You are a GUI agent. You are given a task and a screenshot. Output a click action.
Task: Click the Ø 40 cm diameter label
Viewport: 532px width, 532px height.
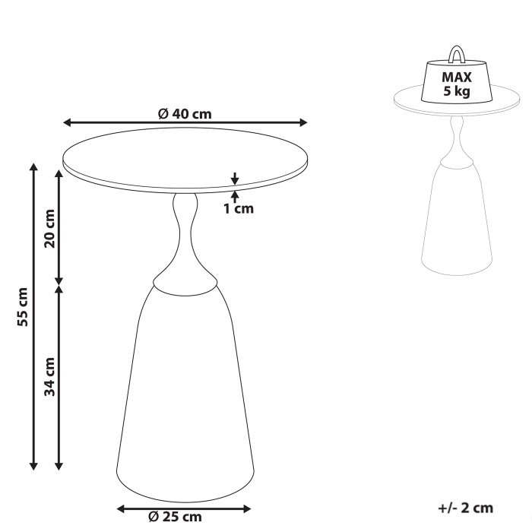coord(185,114)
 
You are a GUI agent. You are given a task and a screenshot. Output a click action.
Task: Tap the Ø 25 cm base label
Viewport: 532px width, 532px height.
coord(176,517)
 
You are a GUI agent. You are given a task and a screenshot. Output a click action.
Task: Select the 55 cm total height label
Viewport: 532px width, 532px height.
coord(22,306)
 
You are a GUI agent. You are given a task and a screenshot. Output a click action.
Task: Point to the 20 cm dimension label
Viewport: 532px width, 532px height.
coord(49,228)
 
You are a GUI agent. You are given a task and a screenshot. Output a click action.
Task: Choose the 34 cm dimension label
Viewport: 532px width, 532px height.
coord(49,378)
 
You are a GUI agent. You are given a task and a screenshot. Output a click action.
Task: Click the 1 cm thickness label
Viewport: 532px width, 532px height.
coord(238,208)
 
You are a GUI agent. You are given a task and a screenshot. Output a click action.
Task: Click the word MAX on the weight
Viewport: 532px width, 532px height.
coord(458,77)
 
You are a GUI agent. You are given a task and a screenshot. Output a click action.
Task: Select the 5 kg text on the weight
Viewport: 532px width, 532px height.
coord(458,92)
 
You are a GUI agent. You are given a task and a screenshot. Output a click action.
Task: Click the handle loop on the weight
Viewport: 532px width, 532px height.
coord(458,54)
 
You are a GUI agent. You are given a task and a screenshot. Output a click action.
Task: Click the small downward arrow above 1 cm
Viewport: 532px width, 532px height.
coord(235,179)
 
